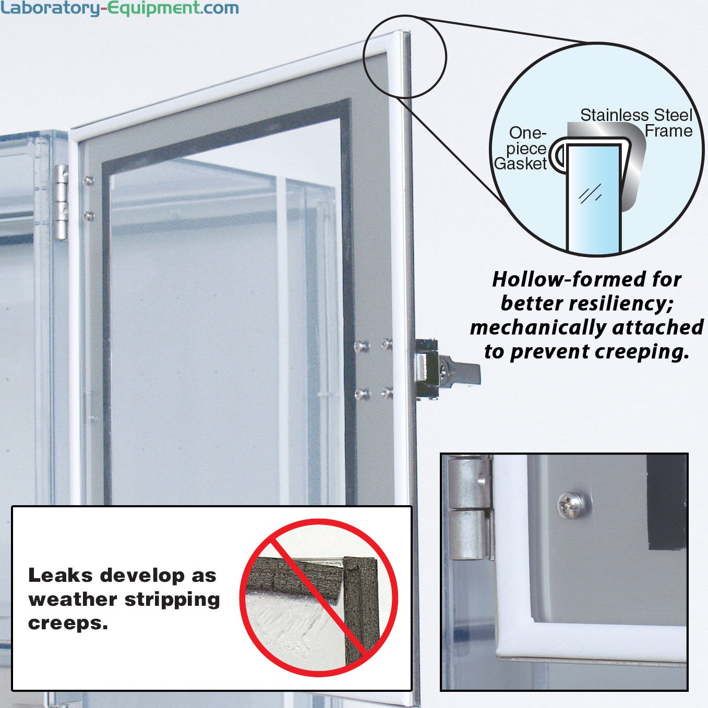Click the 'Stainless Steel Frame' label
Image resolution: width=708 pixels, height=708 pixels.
(x=637, y=123)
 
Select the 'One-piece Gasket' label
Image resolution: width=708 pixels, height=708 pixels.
(x=521, y=148)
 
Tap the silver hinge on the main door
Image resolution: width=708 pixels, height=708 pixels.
(x=61, y=202)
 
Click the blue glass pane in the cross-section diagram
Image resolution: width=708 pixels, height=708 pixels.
(x=594, y=199)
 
